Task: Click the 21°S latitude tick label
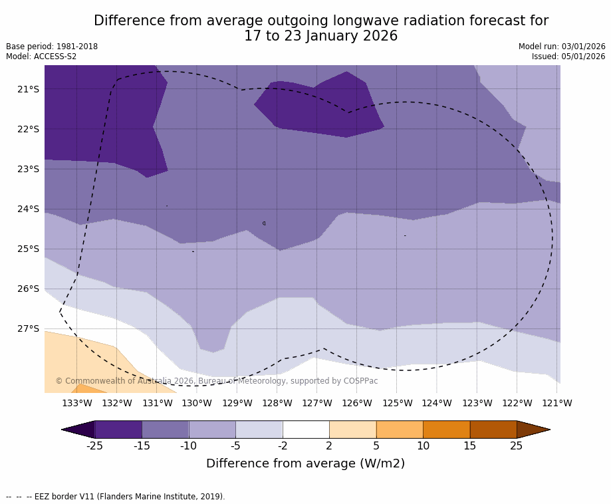coord(28,89)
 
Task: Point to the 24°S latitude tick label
coord(28,209)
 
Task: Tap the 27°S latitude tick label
coord(28,328)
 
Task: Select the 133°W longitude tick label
coord(76,403)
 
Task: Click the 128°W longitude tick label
coord(277,403)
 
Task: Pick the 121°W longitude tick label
coord(557,403)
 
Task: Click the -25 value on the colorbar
coord(94,445)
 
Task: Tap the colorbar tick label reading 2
coord(329,445)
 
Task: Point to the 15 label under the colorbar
coord(469,445)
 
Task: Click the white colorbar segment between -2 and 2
coord(306,430)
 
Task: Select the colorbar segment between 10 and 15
coord(446,430)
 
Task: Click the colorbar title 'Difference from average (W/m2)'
coord(305,463)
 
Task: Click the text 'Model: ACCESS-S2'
coord(41,57)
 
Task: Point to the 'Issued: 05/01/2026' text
coord(568,57)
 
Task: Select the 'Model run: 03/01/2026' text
coord(562,47)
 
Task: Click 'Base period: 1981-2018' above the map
coord(52,47)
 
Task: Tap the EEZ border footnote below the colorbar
coord(116,497)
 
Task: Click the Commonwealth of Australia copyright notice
coord(216,381)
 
